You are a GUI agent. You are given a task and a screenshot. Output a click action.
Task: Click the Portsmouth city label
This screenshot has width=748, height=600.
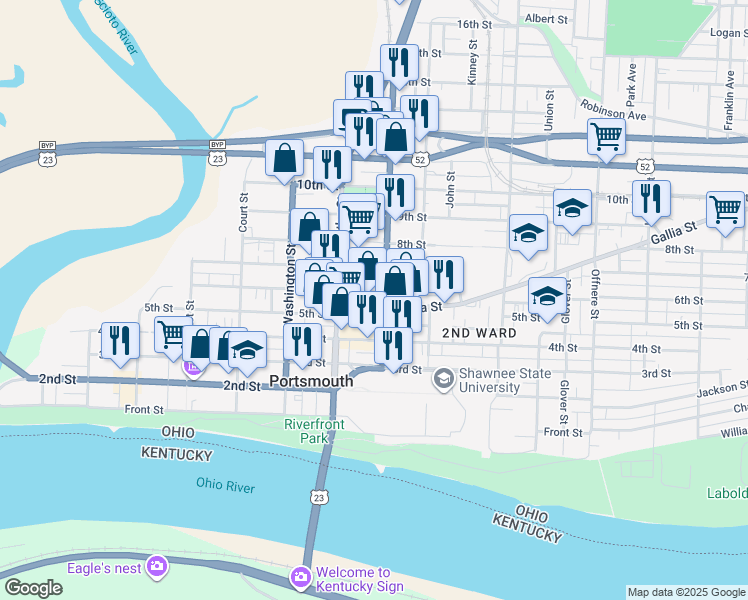click(x=311, y=381)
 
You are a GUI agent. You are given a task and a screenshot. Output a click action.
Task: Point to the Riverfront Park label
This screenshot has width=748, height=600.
click(x=313, y=431)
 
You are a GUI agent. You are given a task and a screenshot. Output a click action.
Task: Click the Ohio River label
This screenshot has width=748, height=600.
click(x=225, y=486)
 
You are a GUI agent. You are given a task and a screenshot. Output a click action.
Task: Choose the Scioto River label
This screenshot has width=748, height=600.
click(x=112, y=27)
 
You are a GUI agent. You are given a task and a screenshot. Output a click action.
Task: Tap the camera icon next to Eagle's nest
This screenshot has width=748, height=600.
click(x=156, y=567)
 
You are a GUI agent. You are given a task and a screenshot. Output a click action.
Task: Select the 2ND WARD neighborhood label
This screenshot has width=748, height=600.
click(x=479, y=332)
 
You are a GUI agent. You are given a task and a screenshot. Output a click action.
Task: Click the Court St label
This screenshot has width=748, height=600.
click(x=243, y=213)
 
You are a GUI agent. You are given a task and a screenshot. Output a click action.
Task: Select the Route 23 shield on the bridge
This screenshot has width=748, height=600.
click(x=318, y=497)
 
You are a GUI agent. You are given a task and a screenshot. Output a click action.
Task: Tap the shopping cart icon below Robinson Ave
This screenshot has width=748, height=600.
click(x=607, y=137)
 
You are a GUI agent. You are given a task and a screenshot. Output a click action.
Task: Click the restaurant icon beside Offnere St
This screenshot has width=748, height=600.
click(x=651, y=198)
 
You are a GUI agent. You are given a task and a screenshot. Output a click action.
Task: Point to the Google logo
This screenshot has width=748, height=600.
click(x=33, y=588)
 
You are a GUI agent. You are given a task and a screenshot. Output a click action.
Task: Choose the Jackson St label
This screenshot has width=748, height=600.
click(x=722, y=389)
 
